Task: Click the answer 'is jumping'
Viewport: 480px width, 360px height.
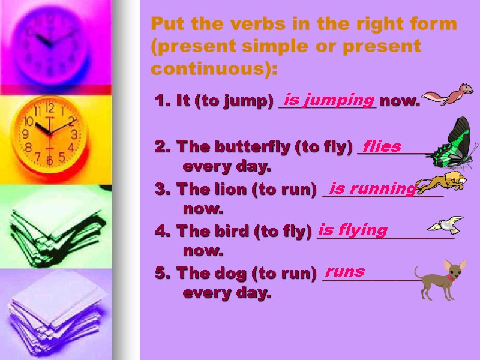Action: coord(329,99)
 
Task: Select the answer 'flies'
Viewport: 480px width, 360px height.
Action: coord(382,146)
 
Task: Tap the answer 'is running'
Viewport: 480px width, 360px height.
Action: coord(372,189)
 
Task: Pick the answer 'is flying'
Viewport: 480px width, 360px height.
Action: coord(353,230)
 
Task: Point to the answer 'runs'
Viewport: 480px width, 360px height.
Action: coord(345,271)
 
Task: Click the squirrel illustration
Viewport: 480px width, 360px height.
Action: coord(448,95)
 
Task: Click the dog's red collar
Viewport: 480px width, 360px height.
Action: coord(449,278)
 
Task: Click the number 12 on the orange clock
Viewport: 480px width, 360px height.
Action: coord(50,109)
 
